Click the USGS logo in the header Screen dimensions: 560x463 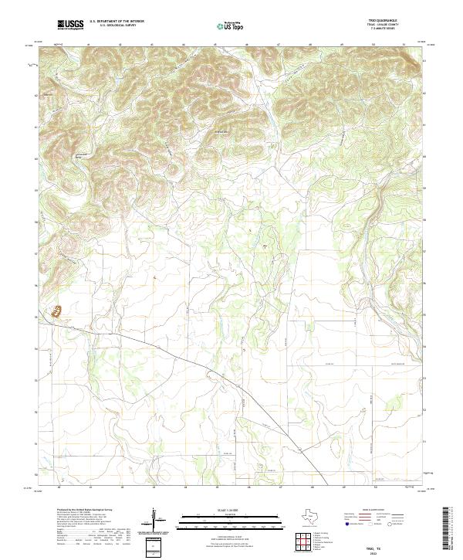point(71,25)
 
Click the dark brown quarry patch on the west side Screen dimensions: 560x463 point(56,312)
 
